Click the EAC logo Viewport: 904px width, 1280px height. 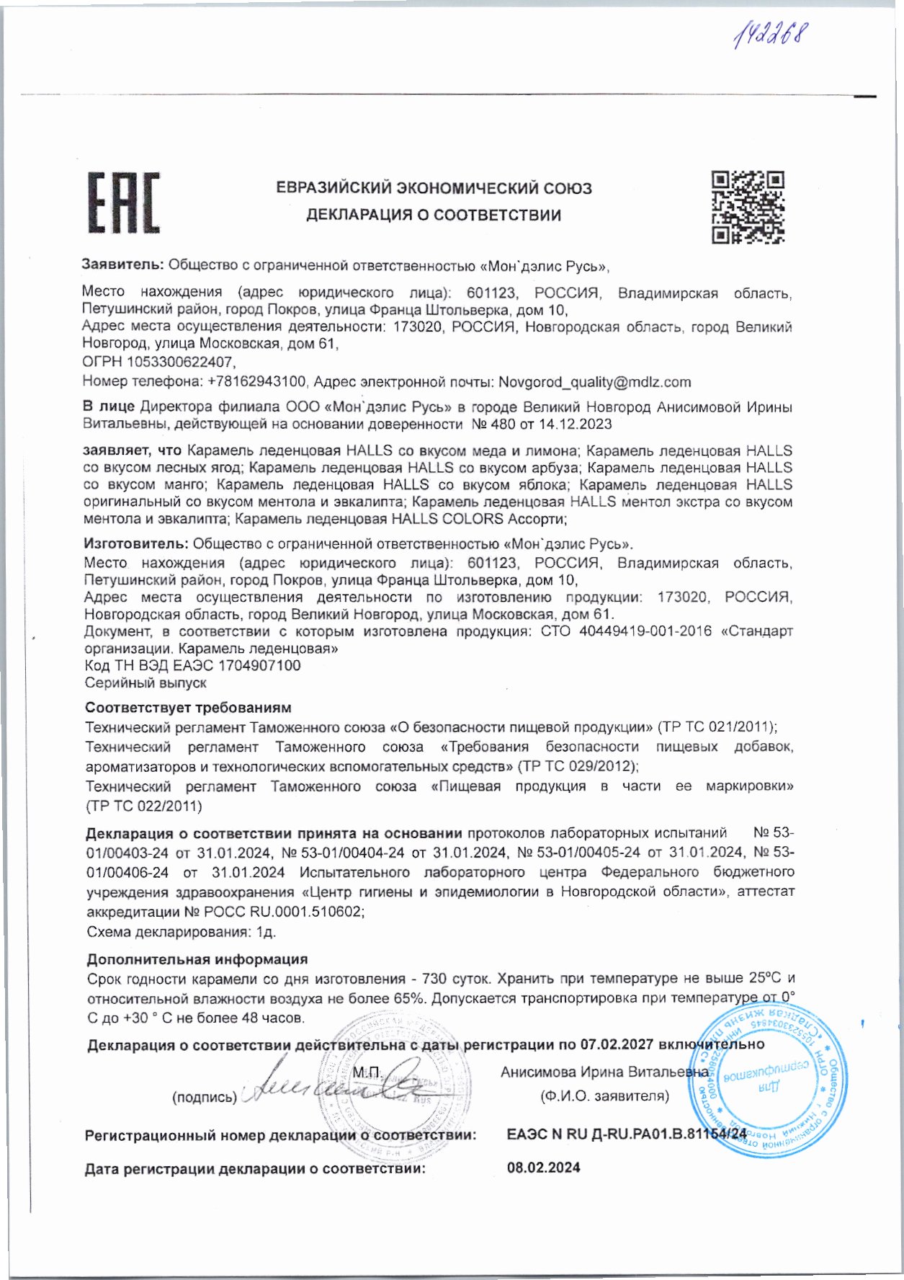pos(124,203)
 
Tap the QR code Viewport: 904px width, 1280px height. pos(748,207)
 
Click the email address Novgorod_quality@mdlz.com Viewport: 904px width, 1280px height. pos(594,382)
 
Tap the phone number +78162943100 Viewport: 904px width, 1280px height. pos(258,382)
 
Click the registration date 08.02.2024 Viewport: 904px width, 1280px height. pos(544,1168)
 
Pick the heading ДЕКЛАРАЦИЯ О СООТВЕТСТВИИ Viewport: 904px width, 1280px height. pos(434,215)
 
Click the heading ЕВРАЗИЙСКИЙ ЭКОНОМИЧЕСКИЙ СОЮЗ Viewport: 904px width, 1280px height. pos(434,189)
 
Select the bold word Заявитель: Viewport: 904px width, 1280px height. pos(123,265)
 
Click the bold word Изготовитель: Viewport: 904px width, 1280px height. pos(136,543)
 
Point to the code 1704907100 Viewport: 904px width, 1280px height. pos(259,665)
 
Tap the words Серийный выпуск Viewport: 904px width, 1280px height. pos(146,683)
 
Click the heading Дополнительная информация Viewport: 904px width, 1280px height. pos(197,959)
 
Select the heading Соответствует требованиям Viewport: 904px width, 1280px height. pos(188,708)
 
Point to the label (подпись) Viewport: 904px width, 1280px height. pos(204,1098)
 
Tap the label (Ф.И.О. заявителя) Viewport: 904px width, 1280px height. pos(604,1096)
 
